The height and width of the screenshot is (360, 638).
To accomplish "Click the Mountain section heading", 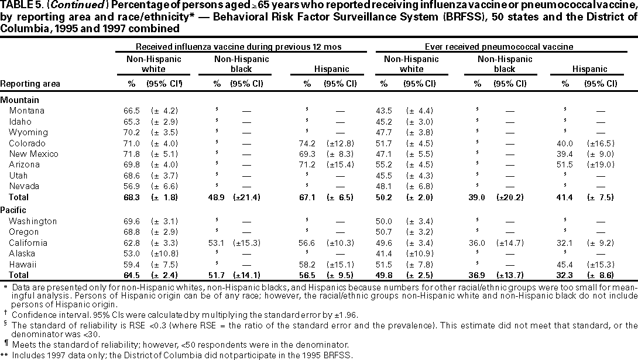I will click(17, 100).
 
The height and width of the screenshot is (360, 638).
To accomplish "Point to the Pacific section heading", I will click(14, 210).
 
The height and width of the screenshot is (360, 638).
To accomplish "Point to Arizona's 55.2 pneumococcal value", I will click(385, 165).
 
